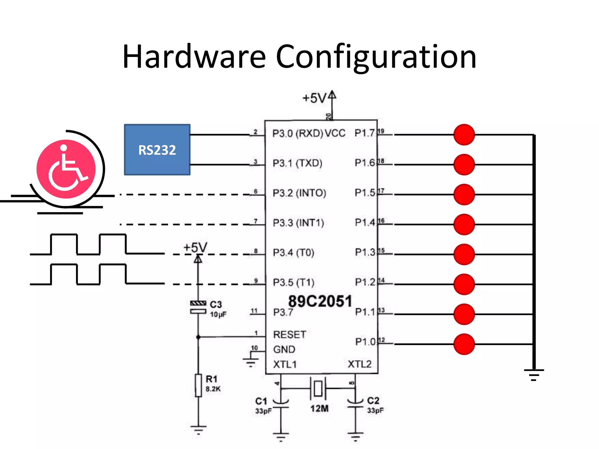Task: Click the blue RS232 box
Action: point(157,150)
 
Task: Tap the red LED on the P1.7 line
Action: point(464,135)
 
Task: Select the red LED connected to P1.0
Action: point(464,344)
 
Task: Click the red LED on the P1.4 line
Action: point(464,224)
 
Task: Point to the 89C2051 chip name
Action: point(320,301)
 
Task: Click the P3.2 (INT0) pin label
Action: point(299,193)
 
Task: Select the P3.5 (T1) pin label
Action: point(293,282)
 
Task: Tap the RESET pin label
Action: point(290,334)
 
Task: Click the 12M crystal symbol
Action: point(318,389)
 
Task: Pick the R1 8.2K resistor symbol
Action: point(198,385)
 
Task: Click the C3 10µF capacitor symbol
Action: point(198,307)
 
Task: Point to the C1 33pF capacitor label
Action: point(263,406)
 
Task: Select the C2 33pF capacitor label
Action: point(375,405)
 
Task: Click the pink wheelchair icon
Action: point(66,169)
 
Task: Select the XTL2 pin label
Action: point(359,364)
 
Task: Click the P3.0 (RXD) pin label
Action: point(297,133)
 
